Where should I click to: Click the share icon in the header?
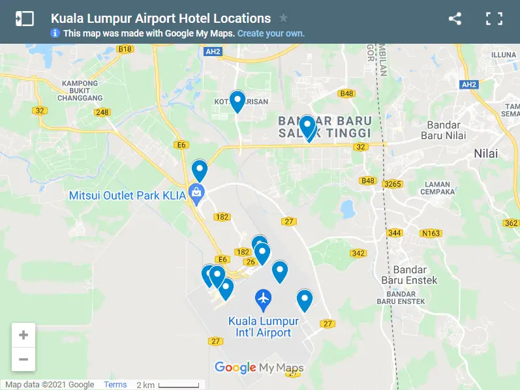pyautogui.click(x=455, y=19)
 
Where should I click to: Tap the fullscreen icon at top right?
pyautogui.click(x=494, y=19)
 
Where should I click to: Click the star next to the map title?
pyautogui.click(x=283, y=18)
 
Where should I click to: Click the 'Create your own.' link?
pyautogui.click(x=271, y=33)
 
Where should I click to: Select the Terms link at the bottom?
pyautogui.click(x=115, y=385)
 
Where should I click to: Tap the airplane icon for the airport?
pyautogui.click(x=264, y=299)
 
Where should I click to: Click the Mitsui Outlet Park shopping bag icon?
pyautogui.click(x=195, y=192)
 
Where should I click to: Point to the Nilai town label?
pyautogui.click(x=485, y=153)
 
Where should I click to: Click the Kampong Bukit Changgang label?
pyautogui.click(x=80, y=91)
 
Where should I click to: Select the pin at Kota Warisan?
pyautogui.click(x=237, y=101)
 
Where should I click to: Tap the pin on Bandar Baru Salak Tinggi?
pyautogui.click(x=307, y=126)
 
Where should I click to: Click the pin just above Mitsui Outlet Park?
pyautogui.click(x=199, y=170)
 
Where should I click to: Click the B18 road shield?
pyautogui.click(x=125, y=49)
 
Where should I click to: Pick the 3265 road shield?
pyautogui.click(x=393, y=184)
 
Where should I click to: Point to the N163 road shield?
pyautogui.click(x=431, y=233)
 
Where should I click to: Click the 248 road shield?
pyautogui.click(x=102, y=112)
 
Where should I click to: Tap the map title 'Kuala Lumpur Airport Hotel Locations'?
pyautogui.click(x=161, y=18)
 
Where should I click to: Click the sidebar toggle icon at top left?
pyautogui.click(x=24, y=19)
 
